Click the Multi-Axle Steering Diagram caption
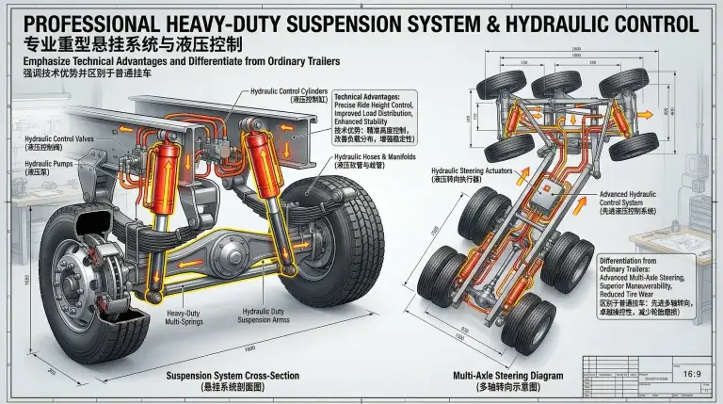507,380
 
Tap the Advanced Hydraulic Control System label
627,202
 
